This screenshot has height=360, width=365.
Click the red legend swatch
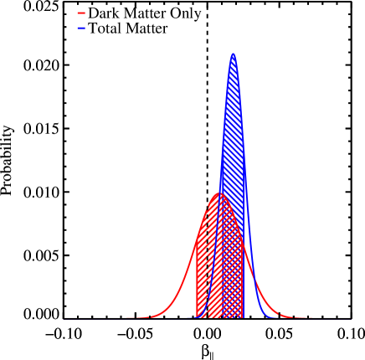point(81,13)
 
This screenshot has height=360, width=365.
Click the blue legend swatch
point(81,28)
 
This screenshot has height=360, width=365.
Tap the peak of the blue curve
point(233,54)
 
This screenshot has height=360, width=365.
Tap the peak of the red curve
point(220,193)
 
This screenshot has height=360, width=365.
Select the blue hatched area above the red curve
point(233,151)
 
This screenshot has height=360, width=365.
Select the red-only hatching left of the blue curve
point(203,285)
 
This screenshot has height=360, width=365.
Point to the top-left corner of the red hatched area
point(196,242)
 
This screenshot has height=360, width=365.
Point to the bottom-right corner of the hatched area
point(243,318)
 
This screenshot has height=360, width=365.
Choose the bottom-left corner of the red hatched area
point(196,318)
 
